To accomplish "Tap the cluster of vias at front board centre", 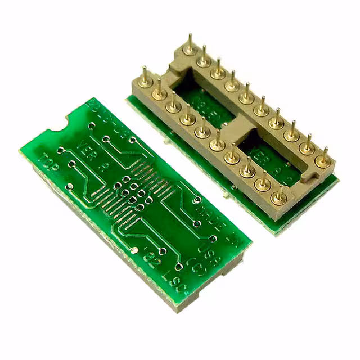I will click(x=133, y=191).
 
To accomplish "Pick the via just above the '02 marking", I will click(x=162, y=250).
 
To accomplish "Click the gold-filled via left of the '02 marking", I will click(x=134, y=250).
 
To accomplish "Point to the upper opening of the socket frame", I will click(x=205, y=101).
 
